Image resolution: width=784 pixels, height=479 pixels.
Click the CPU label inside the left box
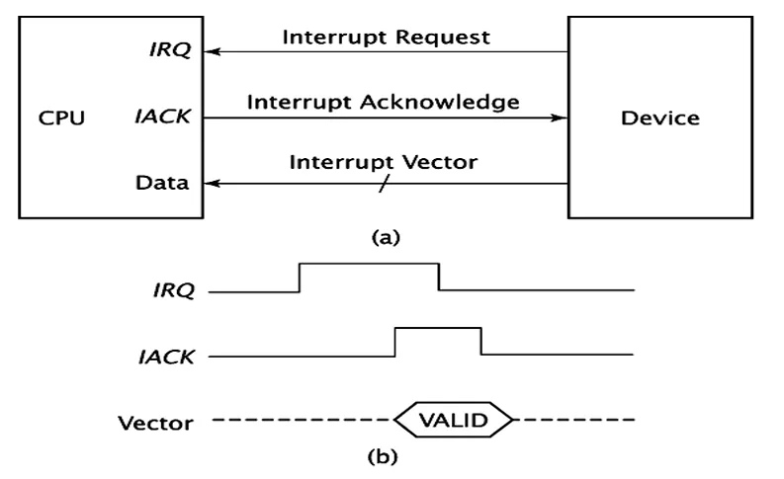(x=61, y=119)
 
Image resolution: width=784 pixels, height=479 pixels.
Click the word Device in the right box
(x=660, y=119)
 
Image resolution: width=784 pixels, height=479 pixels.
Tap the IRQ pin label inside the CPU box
(x=170, y=49)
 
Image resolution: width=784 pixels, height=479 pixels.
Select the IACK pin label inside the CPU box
(x=162, y=117)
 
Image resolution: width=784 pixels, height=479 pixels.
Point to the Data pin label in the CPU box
(x=162, y=183)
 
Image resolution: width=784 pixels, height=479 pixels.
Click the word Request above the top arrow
(x=443, y=38)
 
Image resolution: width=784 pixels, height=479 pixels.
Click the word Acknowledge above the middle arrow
(x=440, y=103)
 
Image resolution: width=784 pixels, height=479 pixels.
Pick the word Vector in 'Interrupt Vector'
(x=440, y=162)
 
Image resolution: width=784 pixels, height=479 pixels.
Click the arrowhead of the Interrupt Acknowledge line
(x=559, y=118)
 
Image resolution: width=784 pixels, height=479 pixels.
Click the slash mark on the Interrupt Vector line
(x=383, y=184)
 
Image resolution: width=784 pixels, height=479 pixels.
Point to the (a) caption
(x=386, y=237)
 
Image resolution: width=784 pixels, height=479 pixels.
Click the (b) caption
(x=383, y=456)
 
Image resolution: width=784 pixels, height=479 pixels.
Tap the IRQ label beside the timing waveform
(x=173, y=290)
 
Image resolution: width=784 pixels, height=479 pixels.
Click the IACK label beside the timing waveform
(x=166, y=358)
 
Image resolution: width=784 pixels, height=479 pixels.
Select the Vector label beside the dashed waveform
(x=155, y=423)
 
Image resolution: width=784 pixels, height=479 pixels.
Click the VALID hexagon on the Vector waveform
(x=454, y=420)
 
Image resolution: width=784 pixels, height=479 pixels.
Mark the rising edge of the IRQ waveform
(x=300, y=278)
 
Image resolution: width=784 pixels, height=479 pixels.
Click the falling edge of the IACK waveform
(x=481, y=341)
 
